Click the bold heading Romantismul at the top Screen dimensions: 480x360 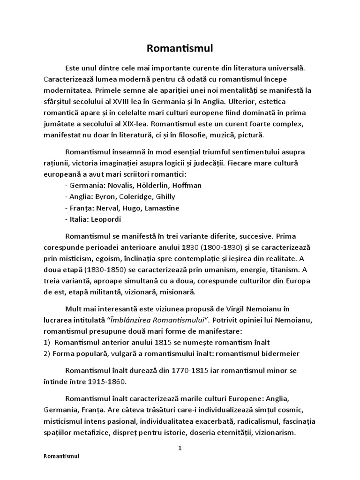[x=180, y=48]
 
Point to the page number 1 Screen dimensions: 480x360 [x=180, y=448]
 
